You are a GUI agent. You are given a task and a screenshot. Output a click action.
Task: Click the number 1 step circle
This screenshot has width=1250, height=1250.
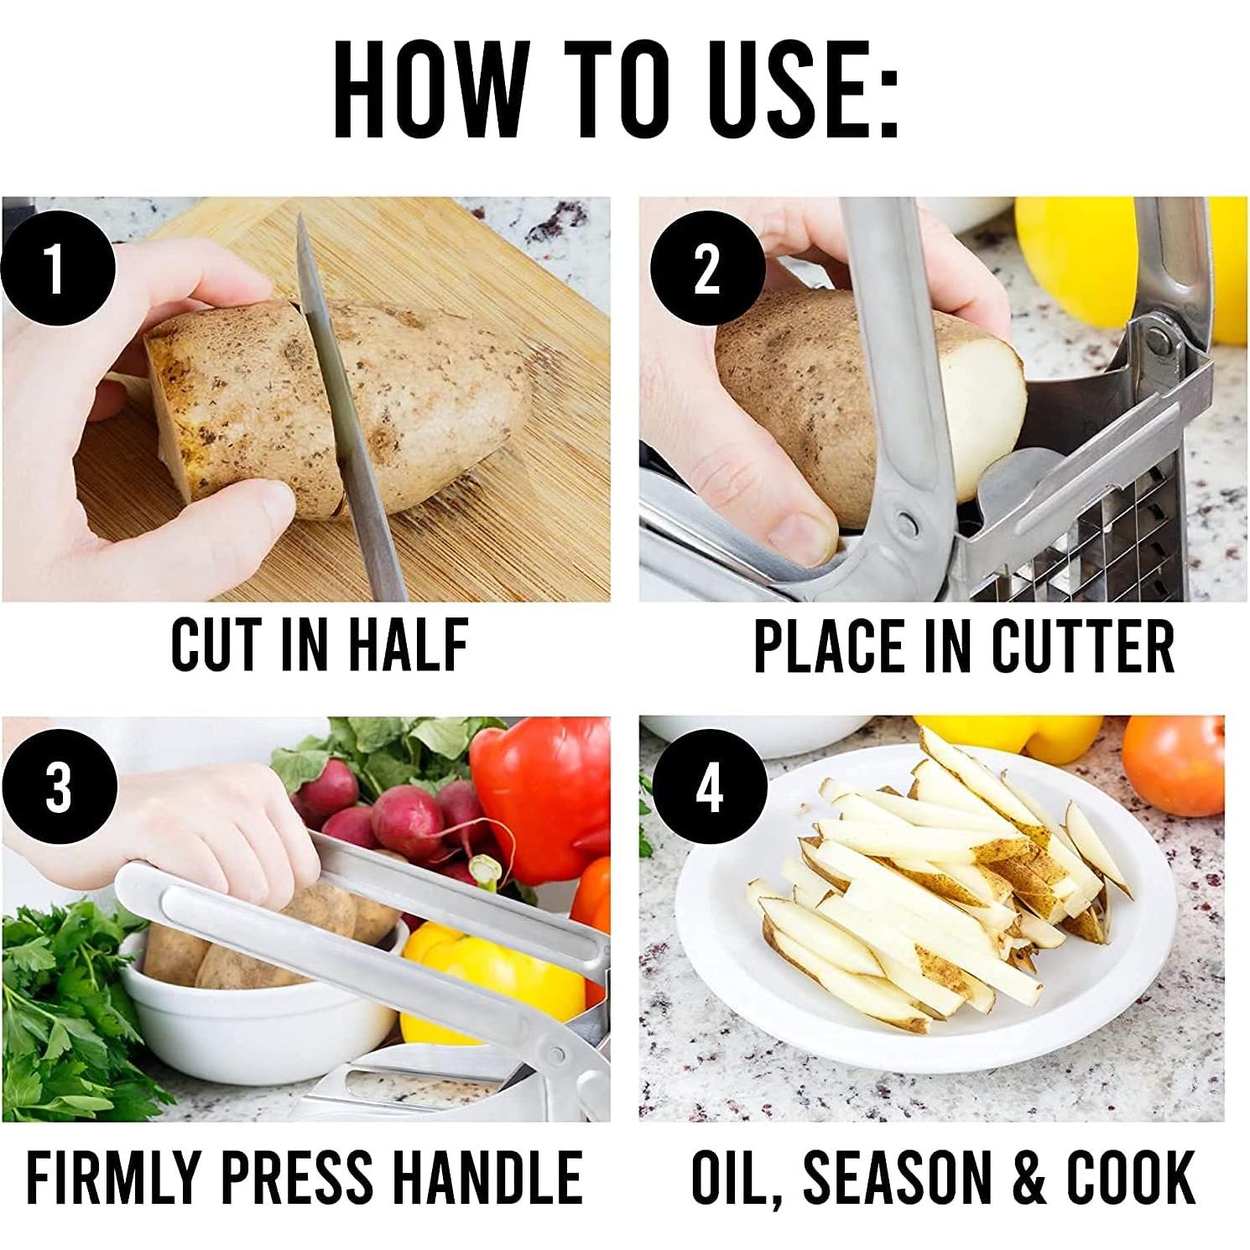[55, 268]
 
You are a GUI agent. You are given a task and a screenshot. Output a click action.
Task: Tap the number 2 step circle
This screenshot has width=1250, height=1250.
[706, 268]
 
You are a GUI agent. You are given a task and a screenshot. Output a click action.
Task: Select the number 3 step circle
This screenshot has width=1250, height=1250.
[57, 789]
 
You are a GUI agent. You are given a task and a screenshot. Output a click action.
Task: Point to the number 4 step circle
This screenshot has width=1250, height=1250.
[709, 789]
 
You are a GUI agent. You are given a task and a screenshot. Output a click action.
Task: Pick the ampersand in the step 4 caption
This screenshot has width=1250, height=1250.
[1029, 1177]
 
